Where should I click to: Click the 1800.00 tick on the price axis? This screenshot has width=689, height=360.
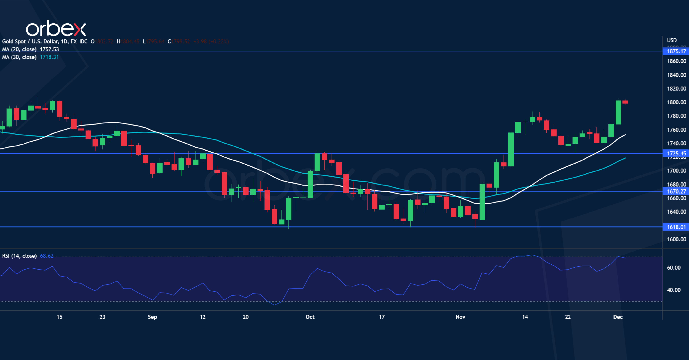coord(676,102)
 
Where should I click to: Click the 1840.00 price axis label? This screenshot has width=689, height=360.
coord(676,75)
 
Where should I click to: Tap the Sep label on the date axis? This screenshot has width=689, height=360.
coord(152,317)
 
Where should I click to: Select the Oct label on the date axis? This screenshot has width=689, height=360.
coord(310,317)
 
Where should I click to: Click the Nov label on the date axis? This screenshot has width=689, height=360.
coord(460,317)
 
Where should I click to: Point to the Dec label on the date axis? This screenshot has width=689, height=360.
coord(618,317)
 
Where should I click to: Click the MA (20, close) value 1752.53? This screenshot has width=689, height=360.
coord(49,49)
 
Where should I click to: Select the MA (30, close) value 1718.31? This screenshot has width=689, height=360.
coord(49,57)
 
